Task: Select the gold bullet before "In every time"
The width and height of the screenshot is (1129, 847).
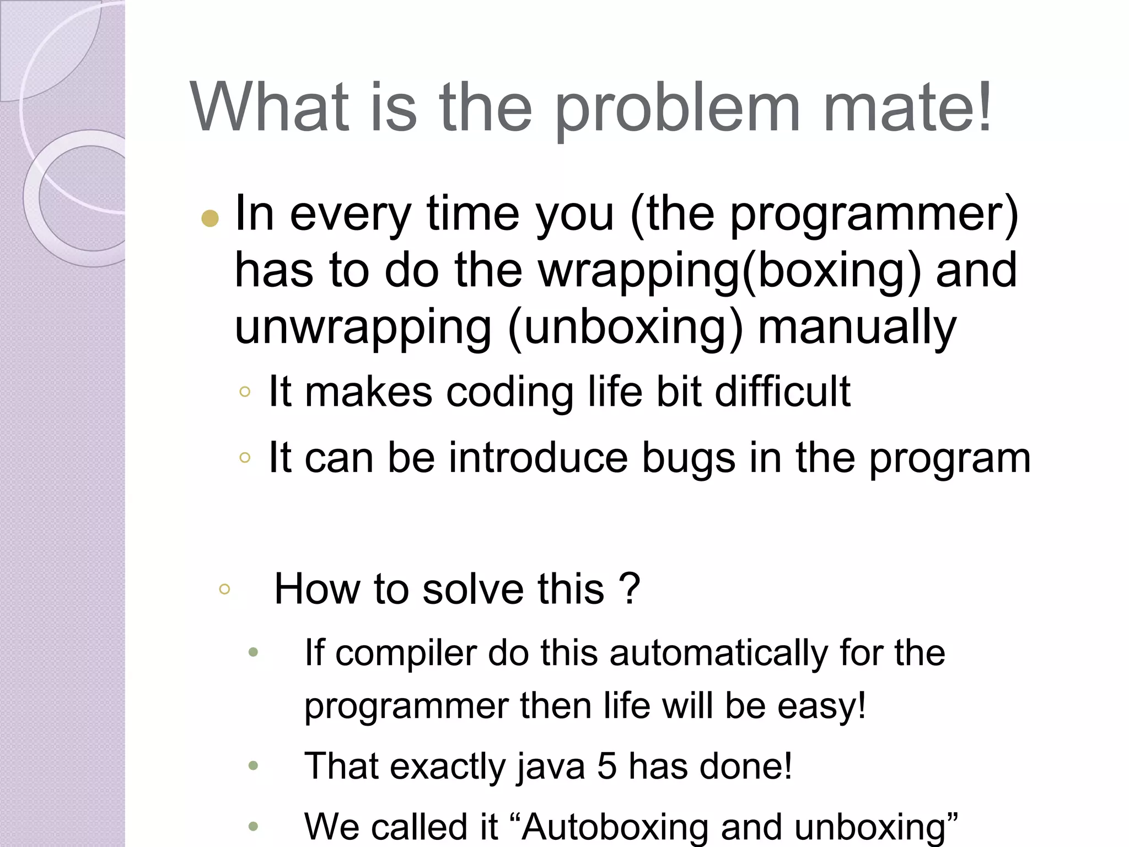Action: tap(210, 219)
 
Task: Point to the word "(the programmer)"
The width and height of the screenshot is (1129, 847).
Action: tap(824, 214)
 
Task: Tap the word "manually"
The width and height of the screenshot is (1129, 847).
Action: tap(857, 328)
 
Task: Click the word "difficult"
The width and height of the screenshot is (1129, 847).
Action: tap(783, 392)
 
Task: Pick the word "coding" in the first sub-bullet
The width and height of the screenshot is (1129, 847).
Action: tap(510, 392)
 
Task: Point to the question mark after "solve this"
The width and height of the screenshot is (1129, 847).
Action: tap(630, 588)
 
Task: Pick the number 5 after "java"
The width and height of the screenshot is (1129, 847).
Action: tap(607, 766)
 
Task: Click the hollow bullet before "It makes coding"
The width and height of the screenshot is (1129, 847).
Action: tap(245, 392)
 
